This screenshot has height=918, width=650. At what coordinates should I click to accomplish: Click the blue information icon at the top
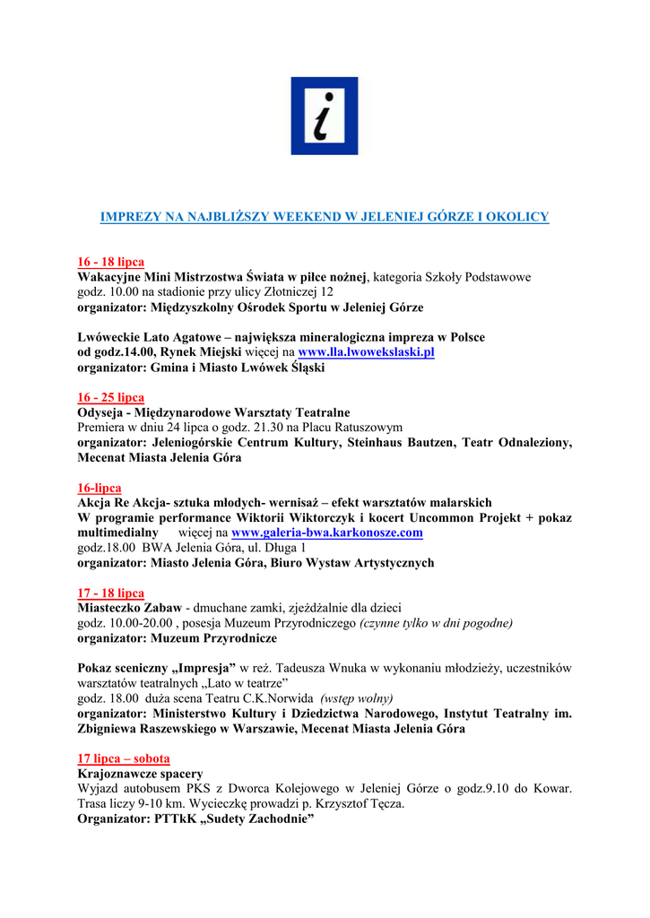pos(324,116)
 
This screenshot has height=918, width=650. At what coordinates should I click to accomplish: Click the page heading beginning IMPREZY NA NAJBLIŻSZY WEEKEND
pos(324,217)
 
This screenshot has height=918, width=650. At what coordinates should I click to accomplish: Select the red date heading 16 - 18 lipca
pos(110,262)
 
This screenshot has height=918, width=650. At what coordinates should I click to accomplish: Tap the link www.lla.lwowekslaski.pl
pos(366,352)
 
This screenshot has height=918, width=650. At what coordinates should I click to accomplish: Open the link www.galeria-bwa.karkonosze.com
pos(326,533)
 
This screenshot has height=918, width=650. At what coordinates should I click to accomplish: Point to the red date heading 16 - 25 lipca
pos(110,397)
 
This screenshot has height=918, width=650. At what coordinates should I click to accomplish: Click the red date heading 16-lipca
pos(99,488)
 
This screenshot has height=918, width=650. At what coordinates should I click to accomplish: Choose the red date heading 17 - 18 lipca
pos(110,593)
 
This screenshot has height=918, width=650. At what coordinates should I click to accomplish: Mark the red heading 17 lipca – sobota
pos(124,758)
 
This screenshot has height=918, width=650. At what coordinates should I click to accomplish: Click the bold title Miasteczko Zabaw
pos(129,608)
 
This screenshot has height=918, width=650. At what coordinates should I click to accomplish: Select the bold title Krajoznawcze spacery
pos(140,773)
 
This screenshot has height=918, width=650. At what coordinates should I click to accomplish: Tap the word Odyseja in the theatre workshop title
pos(101,412)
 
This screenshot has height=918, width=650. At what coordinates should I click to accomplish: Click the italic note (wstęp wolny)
pos(357,697)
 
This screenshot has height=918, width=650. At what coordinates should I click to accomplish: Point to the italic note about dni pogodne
pos(437,623)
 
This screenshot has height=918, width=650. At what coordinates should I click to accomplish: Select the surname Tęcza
pos(386,804)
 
